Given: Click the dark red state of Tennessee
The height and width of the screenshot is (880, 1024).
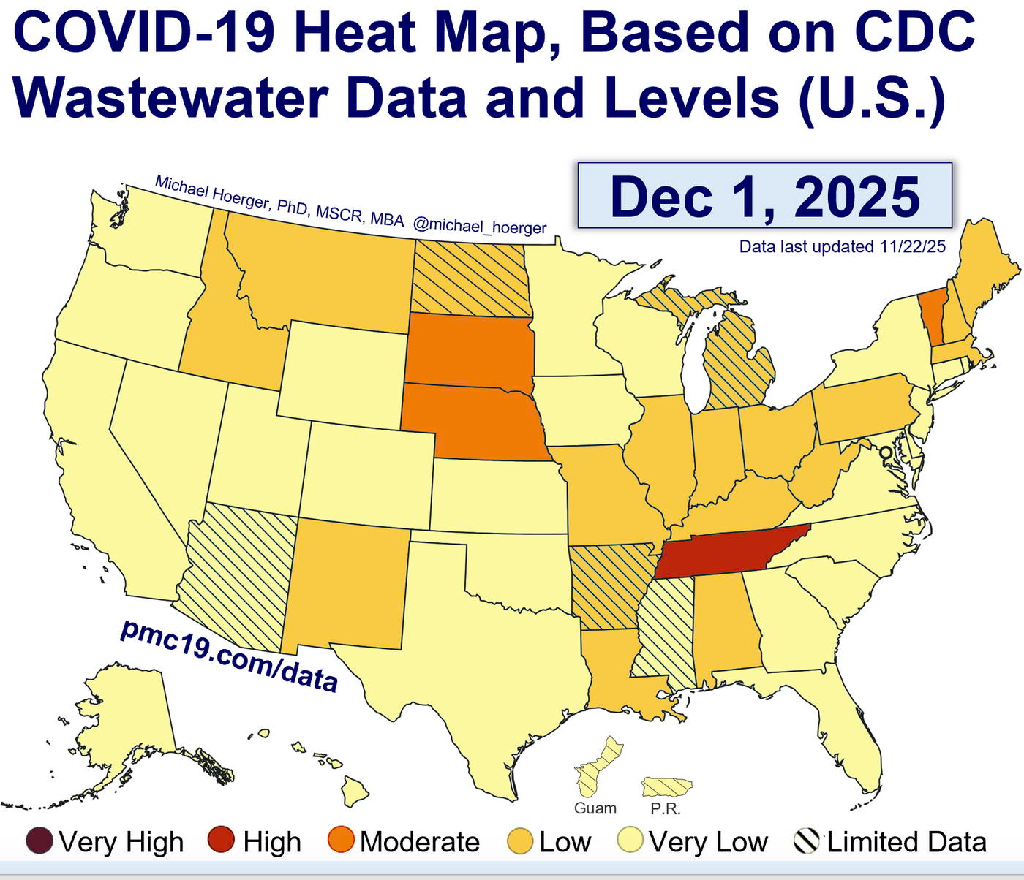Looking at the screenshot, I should [x=724, y=554].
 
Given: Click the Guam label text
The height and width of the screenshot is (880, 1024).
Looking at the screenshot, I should [x=595, y=808].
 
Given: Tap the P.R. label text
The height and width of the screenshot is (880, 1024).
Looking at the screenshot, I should [x=666, y=809].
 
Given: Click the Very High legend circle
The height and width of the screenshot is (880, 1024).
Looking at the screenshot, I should [x=40, y=841].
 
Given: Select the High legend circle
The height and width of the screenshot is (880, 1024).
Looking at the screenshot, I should [x=221, y=841].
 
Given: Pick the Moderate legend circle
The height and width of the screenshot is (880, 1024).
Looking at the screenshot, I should [x=342, y=841].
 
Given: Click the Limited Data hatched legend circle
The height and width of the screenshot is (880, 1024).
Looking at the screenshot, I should [x=806, y=841].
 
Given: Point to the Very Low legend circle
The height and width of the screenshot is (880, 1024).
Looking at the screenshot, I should [x=630, y=841].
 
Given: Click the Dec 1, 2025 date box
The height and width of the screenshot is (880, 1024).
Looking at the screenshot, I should [x=765, y=196].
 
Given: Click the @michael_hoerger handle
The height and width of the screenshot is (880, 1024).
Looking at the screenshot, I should [x=480, y=226].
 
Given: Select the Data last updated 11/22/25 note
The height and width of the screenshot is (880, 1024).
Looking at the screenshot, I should [x=842, y=247].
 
